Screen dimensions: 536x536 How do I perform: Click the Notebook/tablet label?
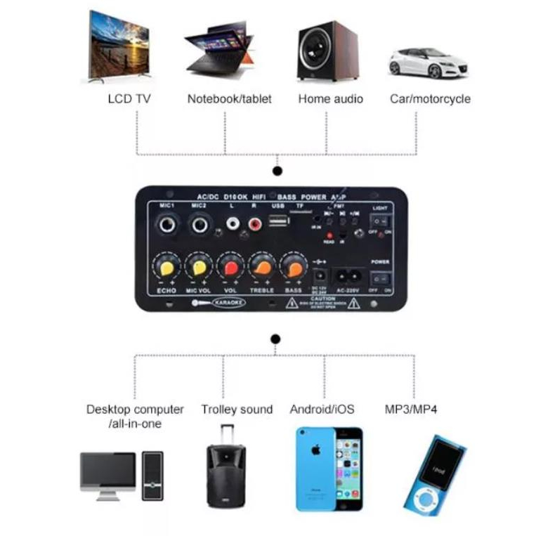tap(229, 99)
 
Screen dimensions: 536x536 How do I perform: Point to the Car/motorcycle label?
tap(430, 99)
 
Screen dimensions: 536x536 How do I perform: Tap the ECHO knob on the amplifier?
tap(167, 268)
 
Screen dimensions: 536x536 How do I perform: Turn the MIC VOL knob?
tap(199, 268)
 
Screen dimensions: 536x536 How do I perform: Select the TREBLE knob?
tap(262, 268)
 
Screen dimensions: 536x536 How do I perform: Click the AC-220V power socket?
tap(348, 275)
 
